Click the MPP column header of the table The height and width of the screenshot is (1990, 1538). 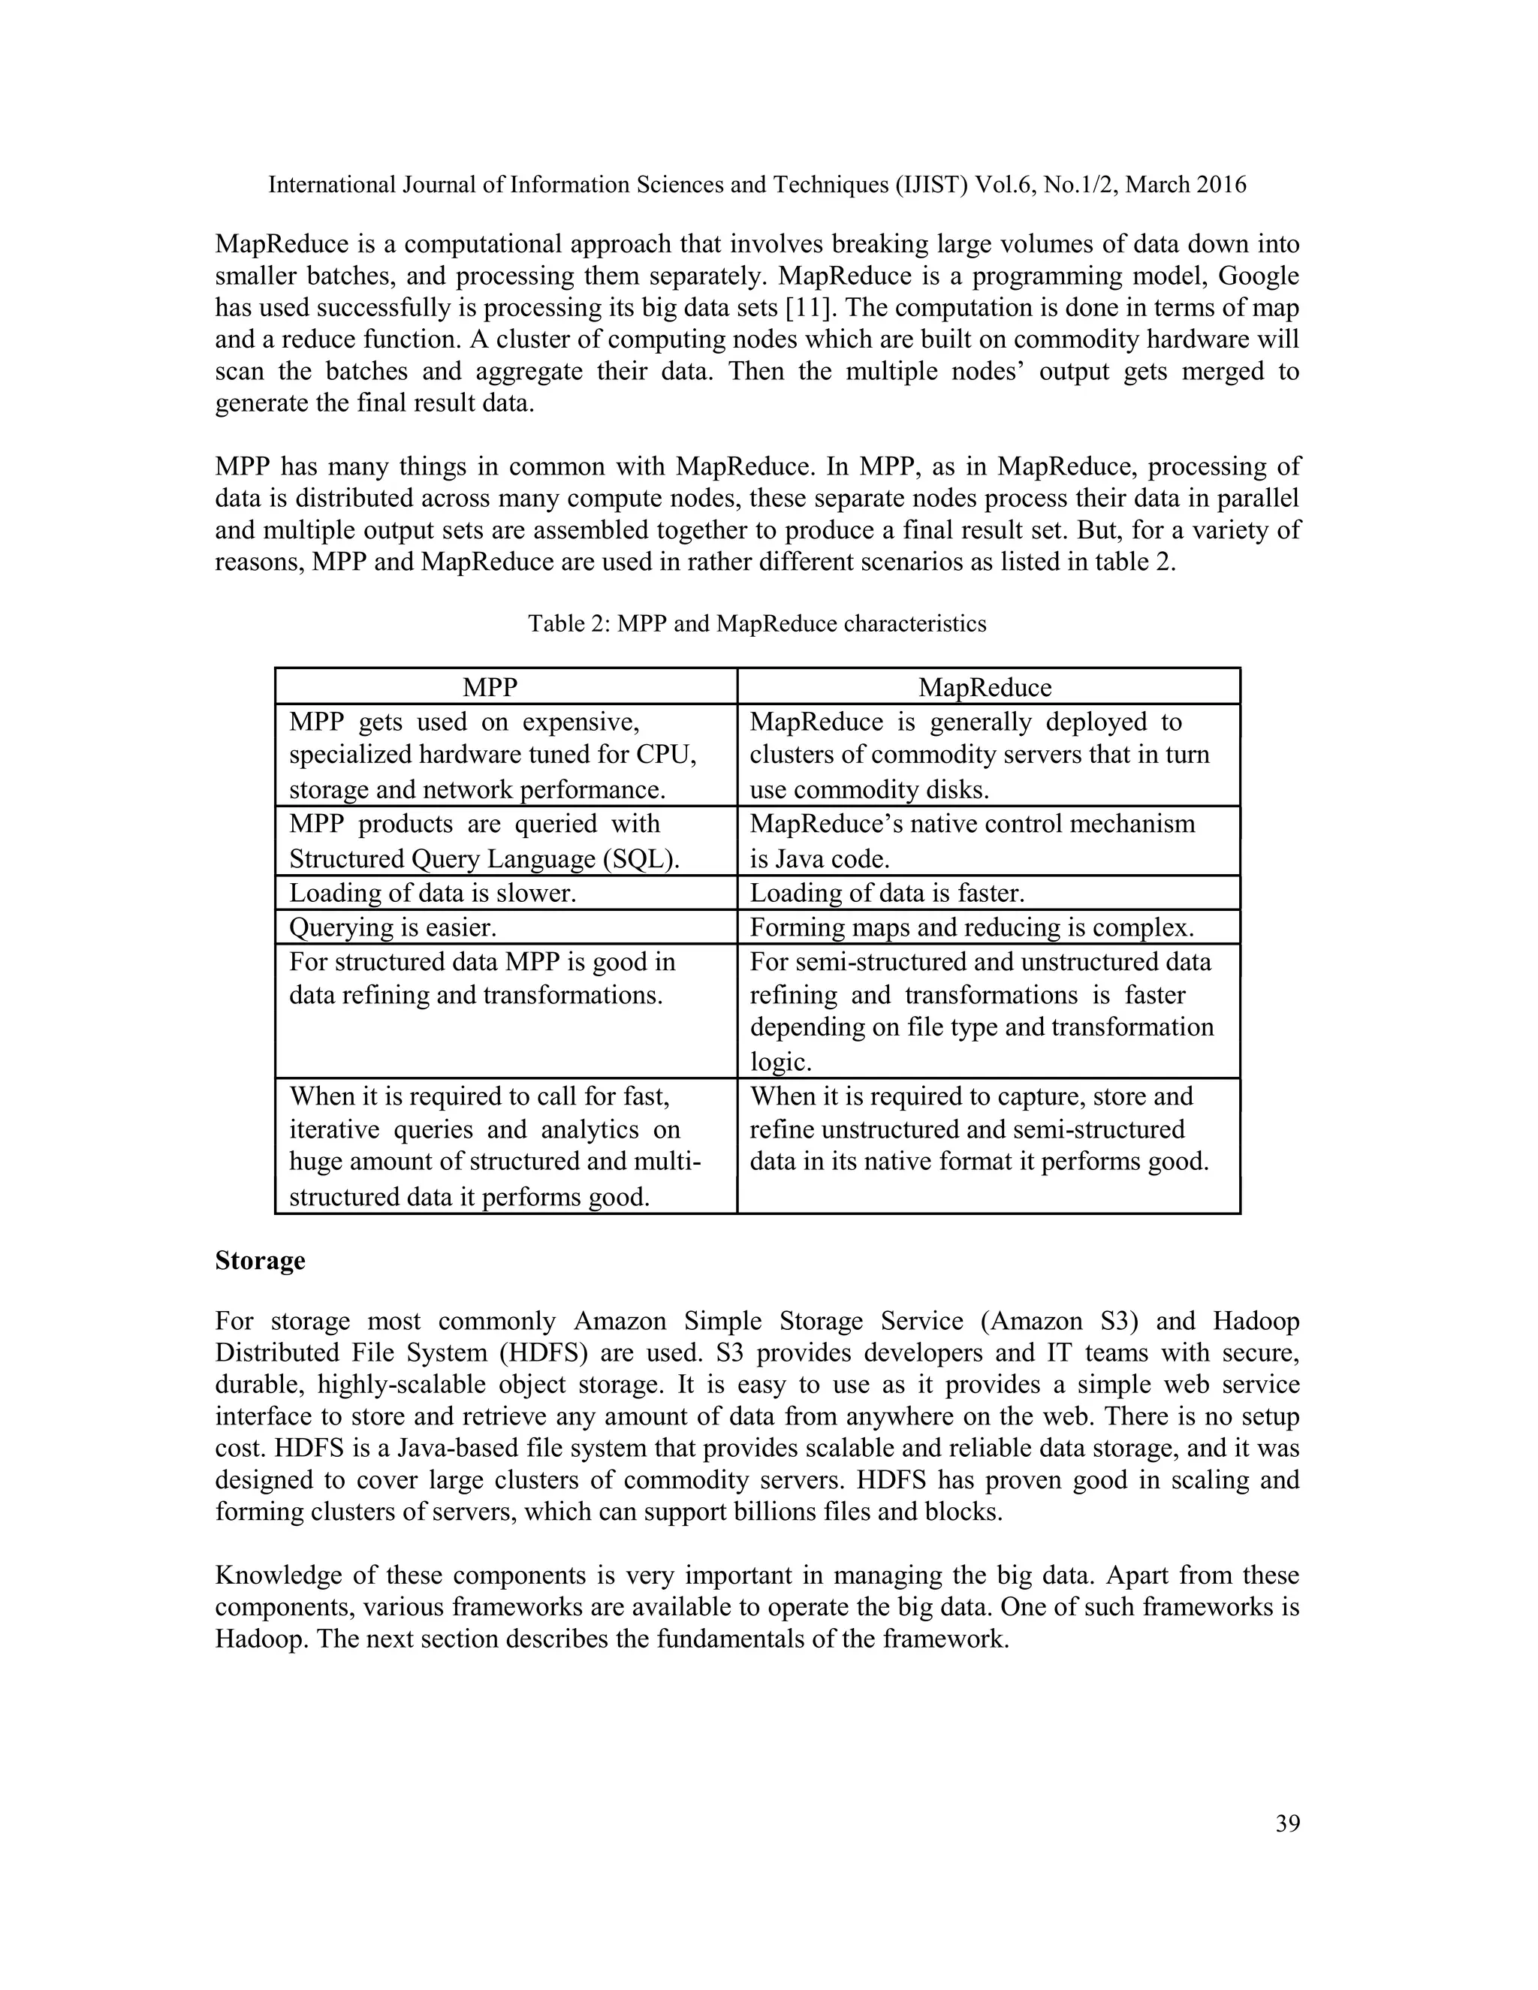(x=490, y=687)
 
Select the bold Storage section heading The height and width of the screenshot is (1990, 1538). (x=260, y=1261)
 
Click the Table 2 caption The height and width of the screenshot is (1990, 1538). (x=756, y=623)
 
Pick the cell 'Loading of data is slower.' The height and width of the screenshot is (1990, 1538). (x=433, y=893)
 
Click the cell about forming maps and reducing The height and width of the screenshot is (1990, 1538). (x=971, y=927)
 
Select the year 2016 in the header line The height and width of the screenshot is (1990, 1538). (x=1221, y=185)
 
